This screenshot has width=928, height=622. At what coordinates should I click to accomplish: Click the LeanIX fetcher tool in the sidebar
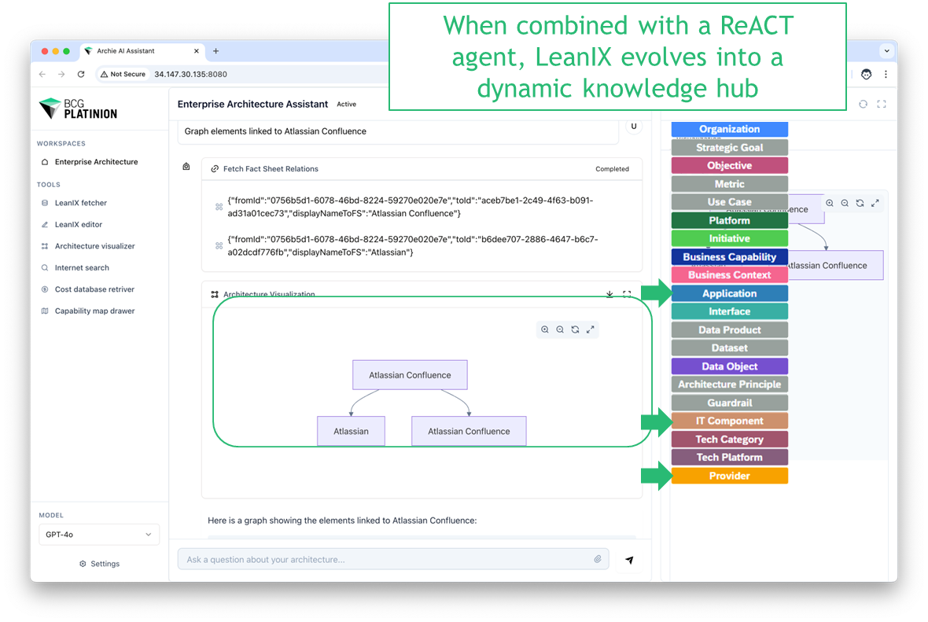point(80,203)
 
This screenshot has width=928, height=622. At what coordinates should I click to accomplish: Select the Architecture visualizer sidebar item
point(94,246)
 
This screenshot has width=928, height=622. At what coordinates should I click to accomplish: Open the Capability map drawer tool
point(94,311)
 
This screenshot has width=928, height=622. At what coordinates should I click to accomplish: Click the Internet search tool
point(82,268)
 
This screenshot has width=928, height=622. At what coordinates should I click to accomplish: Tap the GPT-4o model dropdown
point(99,535)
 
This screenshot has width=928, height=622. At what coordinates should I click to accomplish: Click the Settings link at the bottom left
point(100,564)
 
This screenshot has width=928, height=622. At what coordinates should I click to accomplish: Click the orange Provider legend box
point(729,476)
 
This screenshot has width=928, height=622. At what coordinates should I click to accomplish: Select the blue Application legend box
point(729,293)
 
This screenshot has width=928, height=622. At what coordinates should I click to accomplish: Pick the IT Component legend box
point(729,421)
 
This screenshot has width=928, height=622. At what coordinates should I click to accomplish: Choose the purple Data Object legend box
point(729,366)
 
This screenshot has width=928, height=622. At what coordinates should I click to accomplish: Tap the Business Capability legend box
point(729,257)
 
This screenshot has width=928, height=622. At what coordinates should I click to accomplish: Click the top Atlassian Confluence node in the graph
point(410,375)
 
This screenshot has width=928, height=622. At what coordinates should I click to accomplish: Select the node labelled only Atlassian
point(351,431)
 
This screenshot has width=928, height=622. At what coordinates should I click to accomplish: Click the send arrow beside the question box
point(629,560)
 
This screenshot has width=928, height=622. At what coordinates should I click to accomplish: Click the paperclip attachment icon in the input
point(598,559)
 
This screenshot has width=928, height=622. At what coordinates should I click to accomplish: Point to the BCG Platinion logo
point(79,109)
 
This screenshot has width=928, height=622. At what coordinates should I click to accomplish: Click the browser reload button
point(81,74)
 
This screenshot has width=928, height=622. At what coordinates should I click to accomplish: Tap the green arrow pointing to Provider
point(655,475)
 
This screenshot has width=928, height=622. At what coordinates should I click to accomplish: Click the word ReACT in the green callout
point(757,25)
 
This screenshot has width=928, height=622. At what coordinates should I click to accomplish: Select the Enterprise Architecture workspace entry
point(96,162)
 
